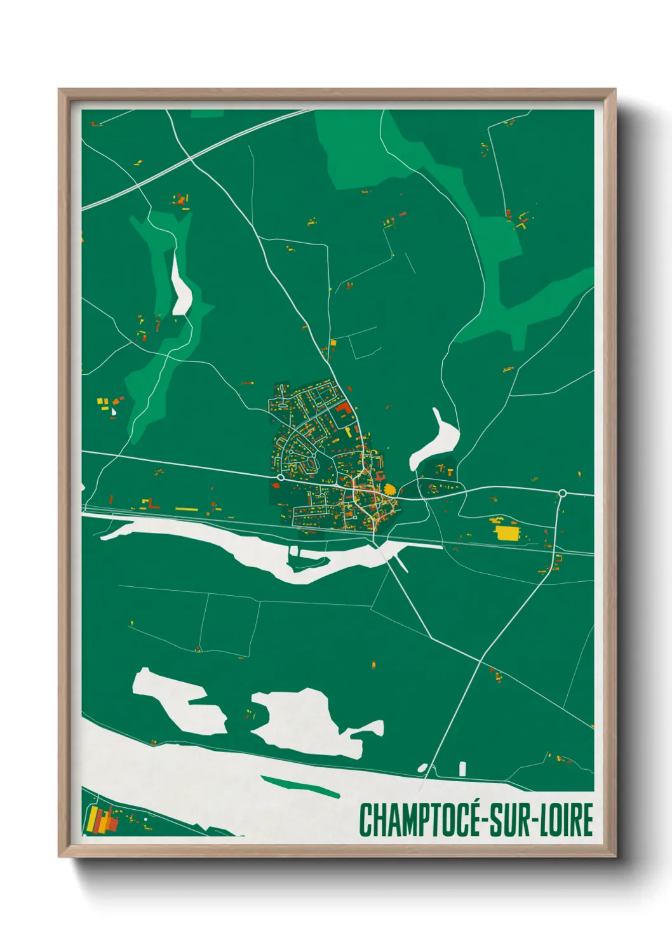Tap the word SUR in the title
click(513, 820)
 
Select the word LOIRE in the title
click(567, 820)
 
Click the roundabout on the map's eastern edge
click(562, 493)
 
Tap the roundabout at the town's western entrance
click(280, 477)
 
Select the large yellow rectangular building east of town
click(506, 532)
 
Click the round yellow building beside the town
click(389, 489)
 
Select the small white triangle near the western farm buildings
click(114, 412)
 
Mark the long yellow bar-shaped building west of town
click(187, 509)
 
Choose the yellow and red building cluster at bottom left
click(101, 820)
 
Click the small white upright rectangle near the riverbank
click(462, 769)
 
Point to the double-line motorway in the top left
click(191, 159)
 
